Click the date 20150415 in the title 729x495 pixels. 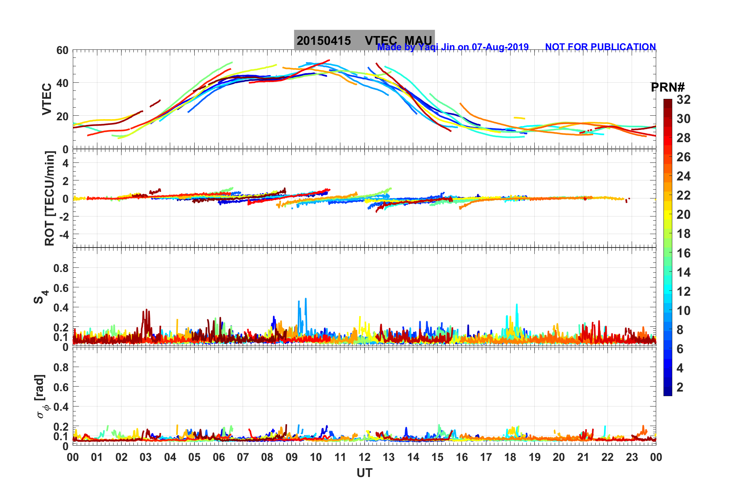coord(323,41)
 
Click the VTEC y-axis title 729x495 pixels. coord(47,99)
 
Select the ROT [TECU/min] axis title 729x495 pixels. coord(50,198)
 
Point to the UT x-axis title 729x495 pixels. coord(364,473)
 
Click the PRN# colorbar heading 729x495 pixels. coord(667,87)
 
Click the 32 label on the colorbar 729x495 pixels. coord(683,100)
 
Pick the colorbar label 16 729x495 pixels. coord(683,253)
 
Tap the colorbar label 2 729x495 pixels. coord(680,387)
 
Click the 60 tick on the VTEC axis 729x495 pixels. coord(62,50)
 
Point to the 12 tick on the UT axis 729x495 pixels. coord(364,457)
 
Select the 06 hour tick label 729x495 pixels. coord(218,457)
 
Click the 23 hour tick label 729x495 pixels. coord(632,457)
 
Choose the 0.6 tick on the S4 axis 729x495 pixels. coord(61,288)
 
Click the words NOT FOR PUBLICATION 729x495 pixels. coord(600,47)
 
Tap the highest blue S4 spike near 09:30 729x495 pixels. coord(305,299)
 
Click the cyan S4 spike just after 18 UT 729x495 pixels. coord(517,305)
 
